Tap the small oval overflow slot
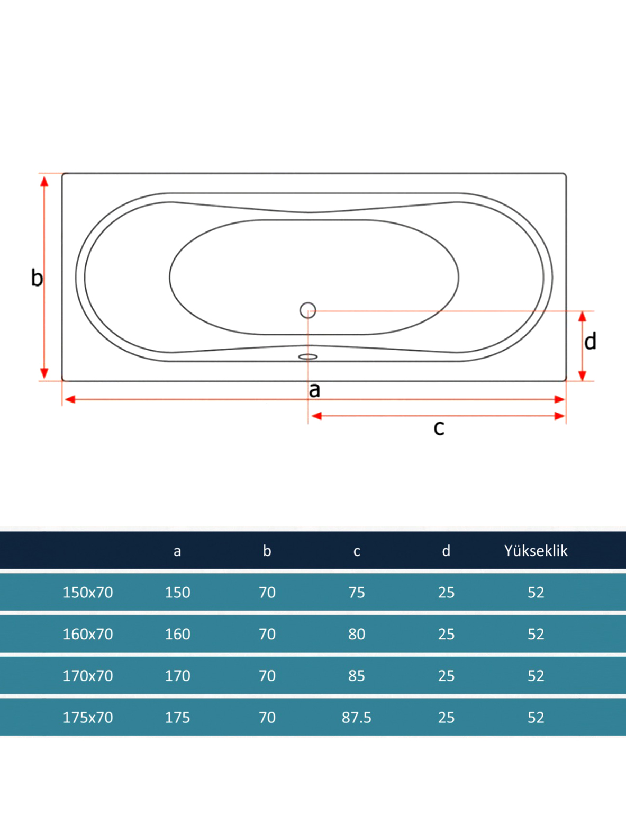click(307, 356)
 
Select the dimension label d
click(590, 341)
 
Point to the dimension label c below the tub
click(439, 427)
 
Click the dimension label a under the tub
click(314, 390)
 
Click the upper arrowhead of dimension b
click(44, 182)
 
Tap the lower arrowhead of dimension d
click(582, 376)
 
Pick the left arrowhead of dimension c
click(316, 416)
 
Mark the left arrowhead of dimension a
click(70, 399)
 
